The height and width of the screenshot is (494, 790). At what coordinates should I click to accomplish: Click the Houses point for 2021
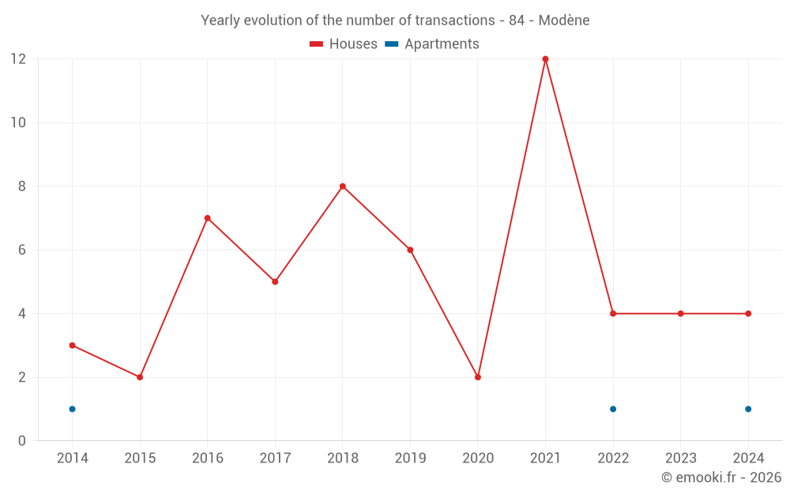pyautogui.click(x=545, y=59)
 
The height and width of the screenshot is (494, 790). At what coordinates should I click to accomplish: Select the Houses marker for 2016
pyautogui.click(x=207, y=218)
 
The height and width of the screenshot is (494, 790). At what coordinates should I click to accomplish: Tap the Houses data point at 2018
pyautogui.click(x=343, y=187)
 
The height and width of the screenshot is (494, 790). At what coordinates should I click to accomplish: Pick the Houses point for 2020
pyautogui.click(x=478, y=377)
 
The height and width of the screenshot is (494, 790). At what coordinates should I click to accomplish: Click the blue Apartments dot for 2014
pyautogui.click(x=72, y=409)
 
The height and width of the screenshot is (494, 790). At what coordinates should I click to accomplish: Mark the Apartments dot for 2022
pyautogui.click(x=613, y=409)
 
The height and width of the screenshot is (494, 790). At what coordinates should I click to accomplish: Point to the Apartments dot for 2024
pyautogui.click(x=748, y=409)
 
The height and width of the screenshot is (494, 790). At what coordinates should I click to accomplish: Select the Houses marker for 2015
pyautogui.click(x=140, y=377)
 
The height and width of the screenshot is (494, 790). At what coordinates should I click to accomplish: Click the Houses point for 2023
pyautogui.click(x=680, y=314)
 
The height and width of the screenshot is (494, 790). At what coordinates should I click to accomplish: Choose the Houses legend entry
pyautogui.click(x=344, y=44)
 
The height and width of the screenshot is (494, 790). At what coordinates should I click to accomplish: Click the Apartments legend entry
pyautogui.click(x=433, y=44)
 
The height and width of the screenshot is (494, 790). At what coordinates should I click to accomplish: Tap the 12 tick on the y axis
pyautogui.click(x=18, y=59)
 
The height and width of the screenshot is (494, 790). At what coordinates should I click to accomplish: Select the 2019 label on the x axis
pyautogui.click(x=410, y=458)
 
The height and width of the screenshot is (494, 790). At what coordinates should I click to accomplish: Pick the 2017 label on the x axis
pyautogui.click(x=275, y=458)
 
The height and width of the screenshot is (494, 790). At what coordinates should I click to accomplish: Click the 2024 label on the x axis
pyautogui.click(x=748, y=458)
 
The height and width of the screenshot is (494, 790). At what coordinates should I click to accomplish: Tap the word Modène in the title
pyautogui.click(x=563, y=21)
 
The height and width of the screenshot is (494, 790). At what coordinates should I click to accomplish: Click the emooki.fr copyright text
pyautogui.click(x=720, y=477)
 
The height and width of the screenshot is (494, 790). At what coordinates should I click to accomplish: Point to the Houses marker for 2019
pyautogui.click(x=410, y=250)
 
